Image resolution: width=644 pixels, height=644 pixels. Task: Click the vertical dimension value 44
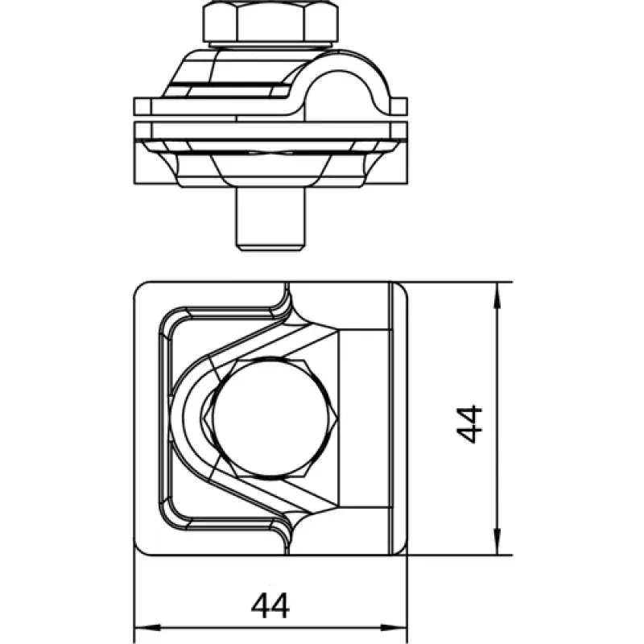tap(469, 424)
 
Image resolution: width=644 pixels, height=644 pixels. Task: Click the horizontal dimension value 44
tap(270, 605)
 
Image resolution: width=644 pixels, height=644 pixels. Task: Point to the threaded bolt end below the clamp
tap(270, 220)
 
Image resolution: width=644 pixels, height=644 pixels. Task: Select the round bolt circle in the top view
tap(271, 419)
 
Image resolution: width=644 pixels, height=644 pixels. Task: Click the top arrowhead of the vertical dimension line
tap(497, 295)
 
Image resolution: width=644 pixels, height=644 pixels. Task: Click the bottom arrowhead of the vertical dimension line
tap(497, 542)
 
